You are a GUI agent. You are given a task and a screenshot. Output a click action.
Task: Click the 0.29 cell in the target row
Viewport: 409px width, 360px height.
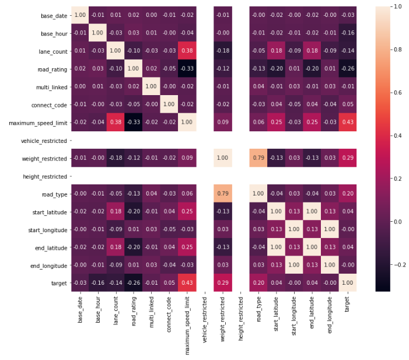pos(222,284)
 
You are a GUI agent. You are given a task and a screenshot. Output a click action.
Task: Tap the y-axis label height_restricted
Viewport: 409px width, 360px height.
pos(43,176)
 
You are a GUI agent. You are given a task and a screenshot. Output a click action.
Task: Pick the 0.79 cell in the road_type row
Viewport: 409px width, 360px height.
pos(222,194)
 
